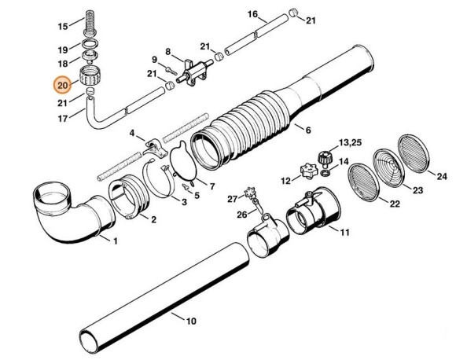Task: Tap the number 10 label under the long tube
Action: click(x=189, y=321)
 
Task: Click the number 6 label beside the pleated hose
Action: click(x=307, y=130)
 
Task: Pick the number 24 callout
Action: click(x=441, y=177)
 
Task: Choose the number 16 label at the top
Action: click(x=252, y=15)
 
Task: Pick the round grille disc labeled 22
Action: click(x=364, y=180)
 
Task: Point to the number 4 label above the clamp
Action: click(x=132, y=133)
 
